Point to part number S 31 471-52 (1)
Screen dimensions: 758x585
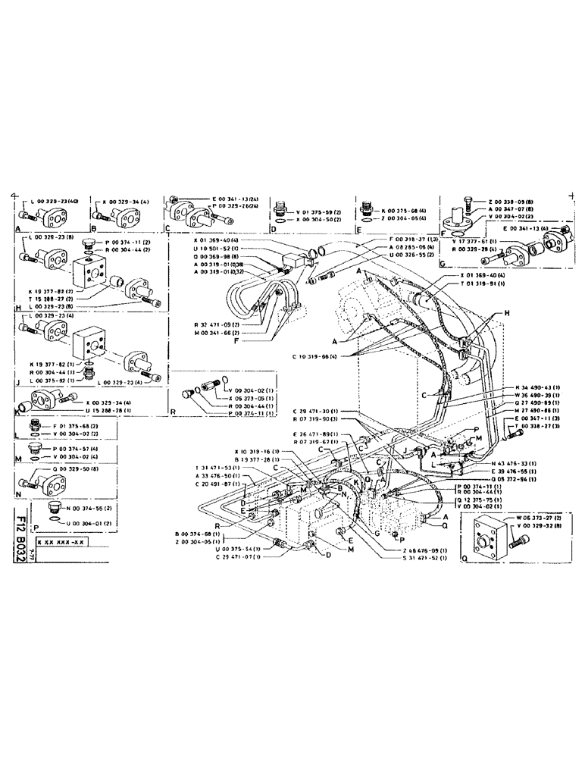[x=420, y=558]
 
